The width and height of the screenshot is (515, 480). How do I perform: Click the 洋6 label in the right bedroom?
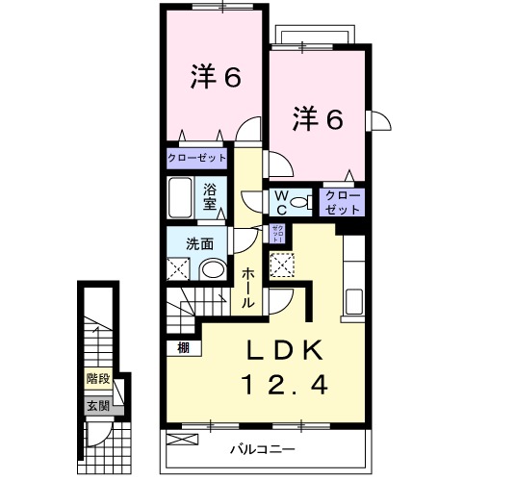coord(317,118)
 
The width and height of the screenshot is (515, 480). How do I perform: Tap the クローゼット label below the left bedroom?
coord(197,157)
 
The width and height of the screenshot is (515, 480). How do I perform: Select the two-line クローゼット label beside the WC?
coord(342,202)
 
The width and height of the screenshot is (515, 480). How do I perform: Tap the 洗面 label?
coord(199,243)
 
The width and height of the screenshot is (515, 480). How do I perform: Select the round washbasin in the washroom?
coord(213,268)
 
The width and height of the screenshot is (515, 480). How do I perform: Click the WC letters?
coord(281,201)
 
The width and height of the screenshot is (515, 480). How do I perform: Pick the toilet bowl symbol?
coord(300,202)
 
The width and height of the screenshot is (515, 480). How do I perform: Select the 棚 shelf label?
coord(182,348)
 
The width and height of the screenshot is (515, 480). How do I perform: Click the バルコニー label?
coord(262,449)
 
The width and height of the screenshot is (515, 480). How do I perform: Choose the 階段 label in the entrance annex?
coord(97,379)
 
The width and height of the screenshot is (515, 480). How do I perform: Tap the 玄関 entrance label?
coord(97,405)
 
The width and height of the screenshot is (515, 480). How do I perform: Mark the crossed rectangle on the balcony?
coord(180,441)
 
